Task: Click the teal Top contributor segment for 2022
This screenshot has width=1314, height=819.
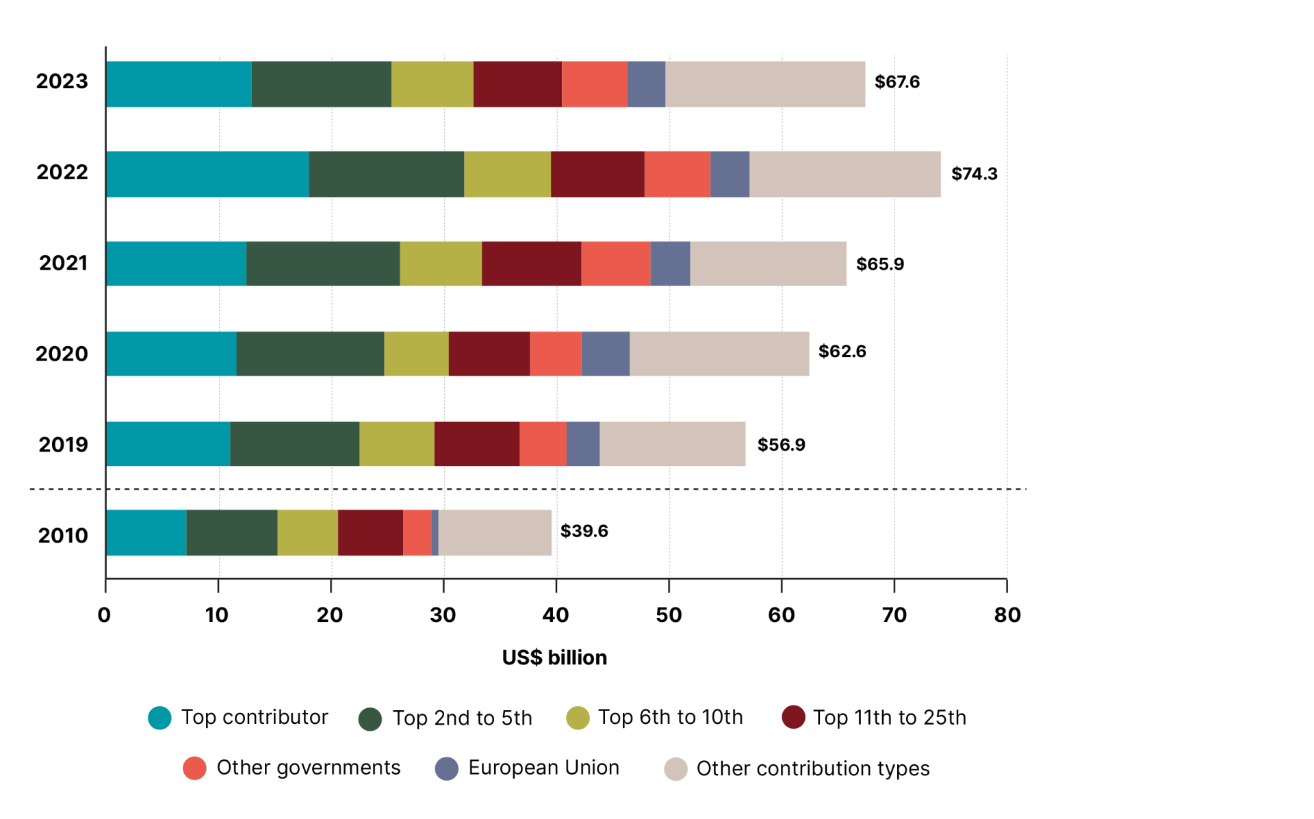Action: pyautogui.click(x=207, y=174)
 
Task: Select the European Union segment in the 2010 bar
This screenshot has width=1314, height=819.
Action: pyautogui.click(x=435, y=532)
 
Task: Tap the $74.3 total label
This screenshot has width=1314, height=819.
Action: pyautogui.click(x=974, y=174)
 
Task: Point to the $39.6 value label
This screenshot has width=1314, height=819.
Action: pyautogui.click(x=584, y=531)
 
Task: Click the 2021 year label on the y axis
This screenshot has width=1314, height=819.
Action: pyautogui.click(x=63, y=263)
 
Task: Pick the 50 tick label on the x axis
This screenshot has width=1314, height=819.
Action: pyautogui.click(x=669, y=615)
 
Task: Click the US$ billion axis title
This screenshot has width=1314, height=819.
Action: pyautogui.click(x=554, y=658)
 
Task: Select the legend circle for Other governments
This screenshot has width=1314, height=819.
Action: pyautogui.click(x=195, y=768)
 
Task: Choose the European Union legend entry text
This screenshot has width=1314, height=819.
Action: pyautogui.click(x=543, y=768)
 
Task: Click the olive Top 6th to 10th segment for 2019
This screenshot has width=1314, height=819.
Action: pyautogui.click(x=396, y=444)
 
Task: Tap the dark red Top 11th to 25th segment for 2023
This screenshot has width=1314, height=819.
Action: pyautogui.click(x=517, y=84)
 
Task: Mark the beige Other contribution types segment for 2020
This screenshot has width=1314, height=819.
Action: pyautogui.click(x=719, y=354)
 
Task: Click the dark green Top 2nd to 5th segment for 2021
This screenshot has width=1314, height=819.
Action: pyautogui.click(x=322, y=263)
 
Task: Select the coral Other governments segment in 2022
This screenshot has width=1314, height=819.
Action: pyautogui.click(x=677, y=174)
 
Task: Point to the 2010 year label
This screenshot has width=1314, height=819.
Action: pyautogui.click(x=63, y=536)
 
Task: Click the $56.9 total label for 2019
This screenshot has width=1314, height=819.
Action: pyautogui.click(x=781, y=445)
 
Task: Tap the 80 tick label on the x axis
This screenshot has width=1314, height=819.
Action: pyautogui.click(x=1007, y=615)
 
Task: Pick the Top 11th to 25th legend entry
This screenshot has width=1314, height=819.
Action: pyautogui.click(x=889, y=718)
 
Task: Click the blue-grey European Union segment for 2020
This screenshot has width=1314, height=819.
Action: pyautogui.click(x=605, y=354)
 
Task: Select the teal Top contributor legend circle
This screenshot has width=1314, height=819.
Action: pyautogui.click(x=160, y=718)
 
